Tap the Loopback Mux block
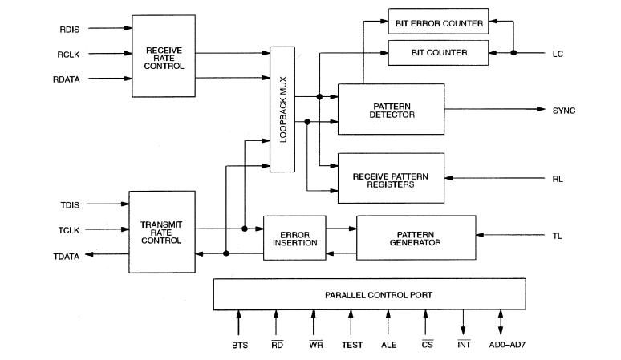[282, 109]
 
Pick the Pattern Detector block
[391, 109]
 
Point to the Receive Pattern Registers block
[391, 177]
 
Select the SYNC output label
[563, 110]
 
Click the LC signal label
[558, 54]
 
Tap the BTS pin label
[237, 346]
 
